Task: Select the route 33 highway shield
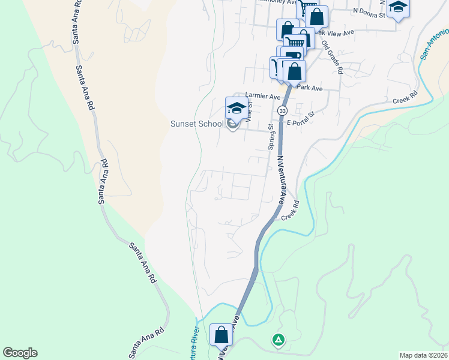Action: click(282, 111)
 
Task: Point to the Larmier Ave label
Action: click(263, 96)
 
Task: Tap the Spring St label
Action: click(271, 137)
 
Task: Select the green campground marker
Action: click(278, 340)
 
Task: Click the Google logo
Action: click(20, 353)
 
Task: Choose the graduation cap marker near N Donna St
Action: click(398, 7)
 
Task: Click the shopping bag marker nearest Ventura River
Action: click(221, 335)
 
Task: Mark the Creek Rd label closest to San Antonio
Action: click(405, 97)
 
